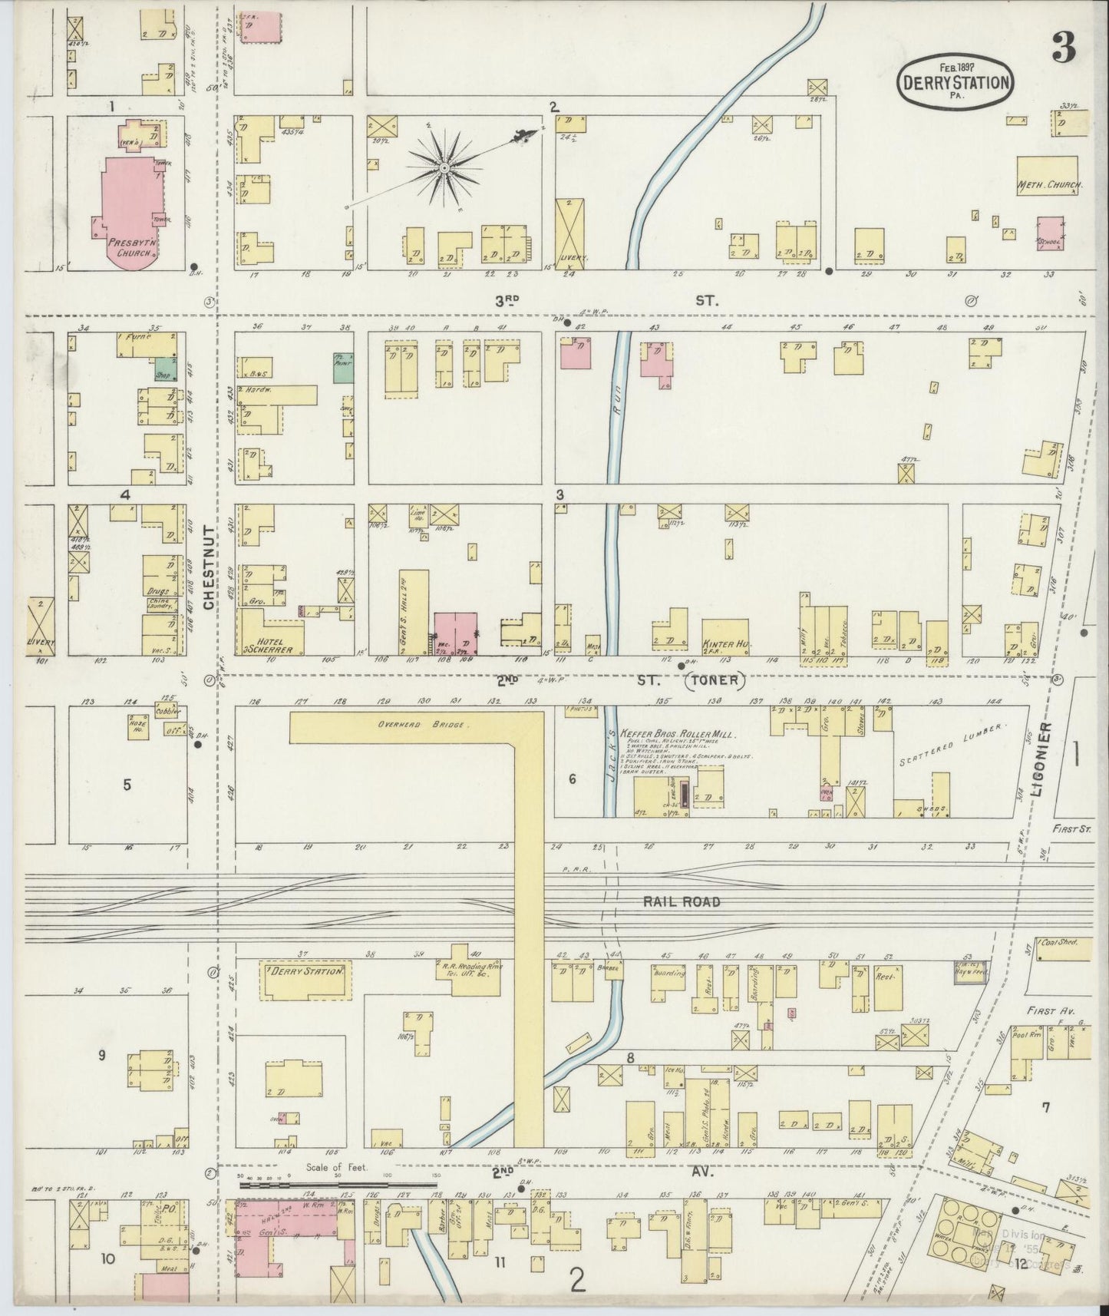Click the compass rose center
[444, 167]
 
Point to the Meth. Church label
[1049, 185]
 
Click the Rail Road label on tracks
[682, 901]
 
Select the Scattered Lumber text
[952, 747]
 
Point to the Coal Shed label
[1060, 943]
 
